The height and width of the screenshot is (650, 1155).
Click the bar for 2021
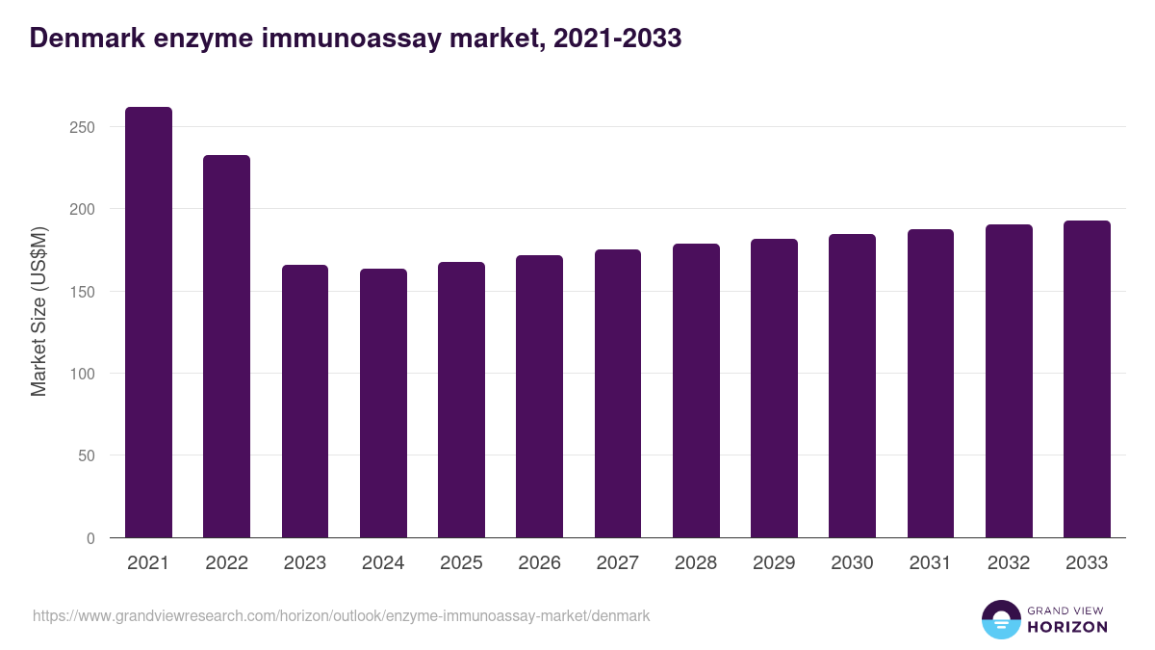coord(148,323)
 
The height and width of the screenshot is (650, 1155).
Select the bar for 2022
coord(226,347)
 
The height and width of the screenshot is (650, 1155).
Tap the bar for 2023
coord(305,402)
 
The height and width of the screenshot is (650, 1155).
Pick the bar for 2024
coord(383,403)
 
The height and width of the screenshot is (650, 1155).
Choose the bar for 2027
coord(617,394)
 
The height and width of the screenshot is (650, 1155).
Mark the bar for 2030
coord(852,386)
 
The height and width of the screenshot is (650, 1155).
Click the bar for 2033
coord(1087,379)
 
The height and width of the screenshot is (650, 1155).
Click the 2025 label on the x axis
coord(461,563)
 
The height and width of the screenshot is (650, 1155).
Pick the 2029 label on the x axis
coord(774,563)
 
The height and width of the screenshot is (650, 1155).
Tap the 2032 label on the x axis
coord(1009,563)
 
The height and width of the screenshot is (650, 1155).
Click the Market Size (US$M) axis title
coord(38,310)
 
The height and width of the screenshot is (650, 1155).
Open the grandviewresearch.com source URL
coord(342,615)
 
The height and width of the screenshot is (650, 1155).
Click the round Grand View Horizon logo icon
coord(1001,620)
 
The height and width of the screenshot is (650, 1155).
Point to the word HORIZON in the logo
coord(1067,627)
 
